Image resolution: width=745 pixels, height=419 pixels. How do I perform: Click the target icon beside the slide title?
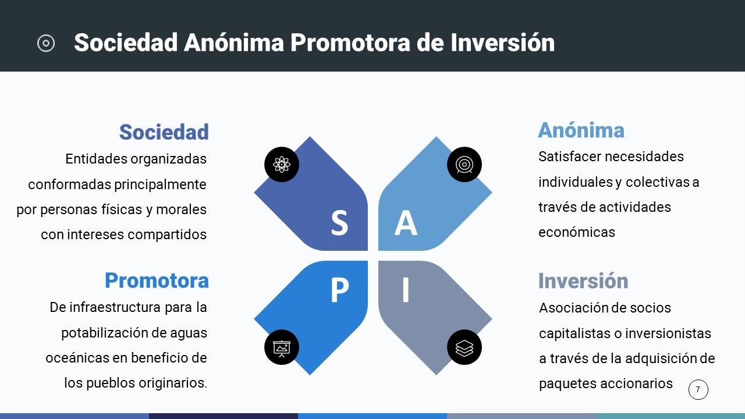(46, 43)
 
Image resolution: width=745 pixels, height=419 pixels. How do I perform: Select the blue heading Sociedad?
(164, 132)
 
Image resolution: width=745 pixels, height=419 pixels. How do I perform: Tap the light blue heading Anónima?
(581, 130)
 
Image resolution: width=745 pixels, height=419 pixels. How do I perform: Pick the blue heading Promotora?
(157, 280)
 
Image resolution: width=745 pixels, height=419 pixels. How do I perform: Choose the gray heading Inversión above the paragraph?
(583, 280)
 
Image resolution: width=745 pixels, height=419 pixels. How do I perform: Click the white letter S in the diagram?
(339, 223)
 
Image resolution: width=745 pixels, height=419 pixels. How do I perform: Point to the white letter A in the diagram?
(406, 223)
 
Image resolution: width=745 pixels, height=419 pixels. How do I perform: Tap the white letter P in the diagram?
(339, 290)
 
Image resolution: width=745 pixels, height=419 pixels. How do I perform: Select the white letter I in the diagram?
(406, 290)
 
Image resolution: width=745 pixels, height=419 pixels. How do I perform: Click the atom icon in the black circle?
(282, 164)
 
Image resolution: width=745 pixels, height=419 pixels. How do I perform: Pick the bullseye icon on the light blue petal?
(464, 164)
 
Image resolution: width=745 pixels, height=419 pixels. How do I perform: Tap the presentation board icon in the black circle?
(282, 348)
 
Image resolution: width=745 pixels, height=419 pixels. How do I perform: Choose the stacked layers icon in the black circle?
(464, 348)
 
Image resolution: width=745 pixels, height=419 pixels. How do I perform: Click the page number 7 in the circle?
(698, 389)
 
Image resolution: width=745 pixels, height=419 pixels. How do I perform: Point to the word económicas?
(577, 232)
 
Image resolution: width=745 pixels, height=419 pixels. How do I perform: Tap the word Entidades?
(97, 159)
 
